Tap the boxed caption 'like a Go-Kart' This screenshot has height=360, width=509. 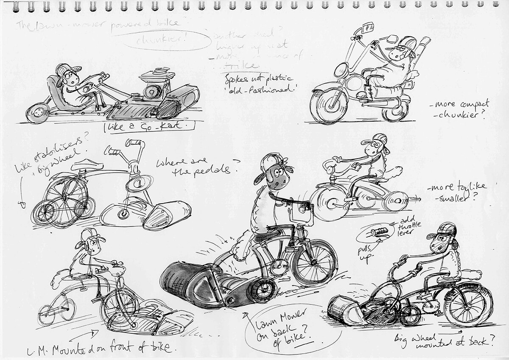click(x=149, y=126)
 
